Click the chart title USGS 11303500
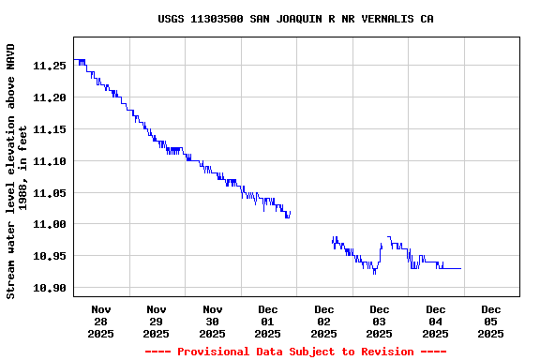point(295,19)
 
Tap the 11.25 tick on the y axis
point(49,66)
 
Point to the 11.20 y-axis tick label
point(49,97)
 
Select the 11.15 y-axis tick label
point(49,129)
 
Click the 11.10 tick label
point(49,161)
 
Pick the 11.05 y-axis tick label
point(49,193)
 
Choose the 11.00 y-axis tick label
point(49,225)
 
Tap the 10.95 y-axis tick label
point(49,256)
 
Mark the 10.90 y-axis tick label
point(49,288)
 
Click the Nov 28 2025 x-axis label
point(101,321)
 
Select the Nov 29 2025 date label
point(157,321)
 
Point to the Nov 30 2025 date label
point(213,321)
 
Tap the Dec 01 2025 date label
point(268,321)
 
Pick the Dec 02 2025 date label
point(324,321)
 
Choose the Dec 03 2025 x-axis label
point(380,321)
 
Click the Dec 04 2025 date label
point(436,321)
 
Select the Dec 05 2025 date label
point(491,321)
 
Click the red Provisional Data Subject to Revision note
point(295,352)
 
